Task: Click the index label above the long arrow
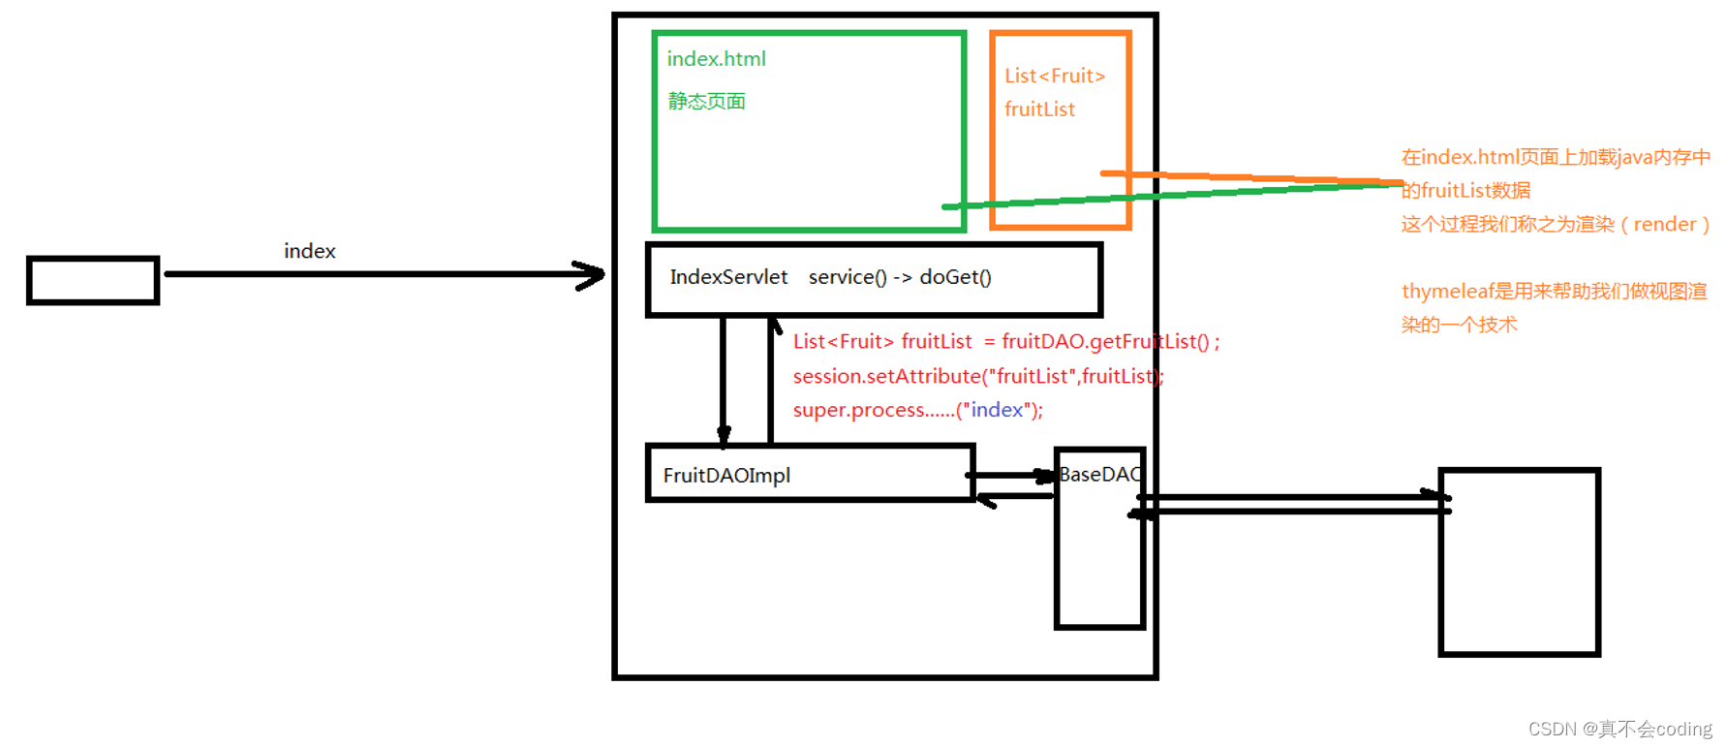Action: pyautogui.click(x=309, y=252)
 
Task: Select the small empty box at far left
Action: pyautogui.click(x=93, y=281)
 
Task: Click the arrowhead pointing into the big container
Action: pyautogui.click(x=591, y=275)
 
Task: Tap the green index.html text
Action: pyautogui.click(x=716, y=59)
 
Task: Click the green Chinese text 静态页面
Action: pyautogui.click(x=706, y=102)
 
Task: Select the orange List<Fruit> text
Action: pyautogui.click(x=1054, y=77)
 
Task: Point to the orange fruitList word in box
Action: pyautogui.click(x=1039, y=109)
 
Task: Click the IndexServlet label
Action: pyautogui.click(x=728, y=278)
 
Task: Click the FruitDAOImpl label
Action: pyautogui.click(x=726, y=476)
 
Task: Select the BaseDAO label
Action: pyautogui.click(x=1099, y=475)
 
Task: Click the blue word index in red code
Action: pyautogui.click(x=997, y=410)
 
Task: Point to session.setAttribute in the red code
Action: pyautogui.click(x=886, y=376)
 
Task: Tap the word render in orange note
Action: pyautogui.click(x=1664, y=225)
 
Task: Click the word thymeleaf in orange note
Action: pyautogui.click(x=1444, y=292)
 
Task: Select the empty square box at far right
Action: pyautogui.click(x=1519, y=562)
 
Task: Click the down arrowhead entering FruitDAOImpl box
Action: pyautogui.click(x=724, y=435)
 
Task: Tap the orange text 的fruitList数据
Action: pyautogui.click(x=1465, y=191)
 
